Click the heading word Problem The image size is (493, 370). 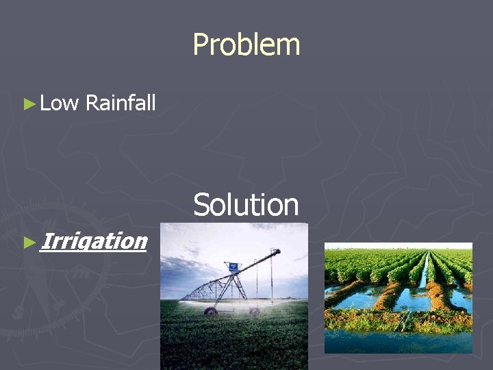(x=246, y=45)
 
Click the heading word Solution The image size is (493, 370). (x=246, y=205)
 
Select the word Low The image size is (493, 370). (x=60, y=103)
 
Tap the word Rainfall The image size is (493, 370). (x=121, y=103)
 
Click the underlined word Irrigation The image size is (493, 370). (x=93, y=241)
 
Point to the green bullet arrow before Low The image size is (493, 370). (x=29, y=104)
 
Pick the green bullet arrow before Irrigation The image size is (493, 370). (x=29, y=242)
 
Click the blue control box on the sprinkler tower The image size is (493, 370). (x=233, y=265)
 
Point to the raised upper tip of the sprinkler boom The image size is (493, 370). (x=277, y=251)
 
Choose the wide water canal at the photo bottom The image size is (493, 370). (x=397, y=341)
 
